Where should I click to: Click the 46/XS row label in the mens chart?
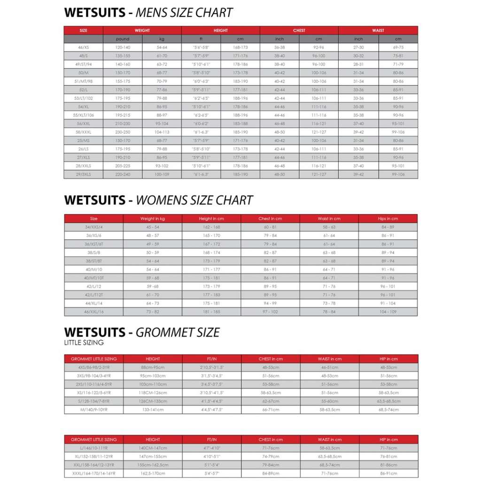[x=83, y=47]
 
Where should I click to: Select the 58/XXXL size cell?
[x=83, y=132]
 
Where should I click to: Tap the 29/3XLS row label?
[x=83, y=174]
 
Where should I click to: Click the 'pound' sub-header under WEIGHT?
[x=123, y=39]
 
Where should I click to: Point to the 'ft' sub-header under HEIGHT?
[x=201, y=39]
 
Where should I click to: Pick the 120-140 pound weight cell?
[x=123, y=47]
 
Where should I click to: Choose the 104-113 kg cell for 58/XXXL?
[x=162, y=132]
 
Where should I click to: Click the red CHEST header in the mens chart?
[x=299, y=31]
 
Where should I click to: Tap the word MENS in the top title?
[x=153, y=13]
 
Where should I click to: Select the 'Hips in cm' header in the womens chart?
[x=388, y=218]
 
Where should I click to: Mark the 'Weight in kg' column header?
[x=153, y=218]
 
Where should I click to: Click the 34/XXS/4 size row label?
[x=93, y=227]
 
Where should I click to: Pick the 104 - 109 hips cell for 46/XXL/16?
[x=388, y=311]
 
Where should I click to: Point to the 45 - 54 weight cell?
[x=153, y=227]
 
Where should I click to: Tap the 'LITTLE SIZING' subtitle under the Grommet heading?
[x=84, y=343]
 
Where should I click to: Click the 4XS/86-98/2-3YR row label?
[x=94, y=367]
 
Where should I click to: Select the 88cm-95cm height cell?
[x=153, y=367]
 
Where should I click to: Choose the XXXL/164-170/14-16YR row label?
[x=94, y=473]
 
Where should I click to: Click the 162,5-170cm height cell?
[x=153, y=473]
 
